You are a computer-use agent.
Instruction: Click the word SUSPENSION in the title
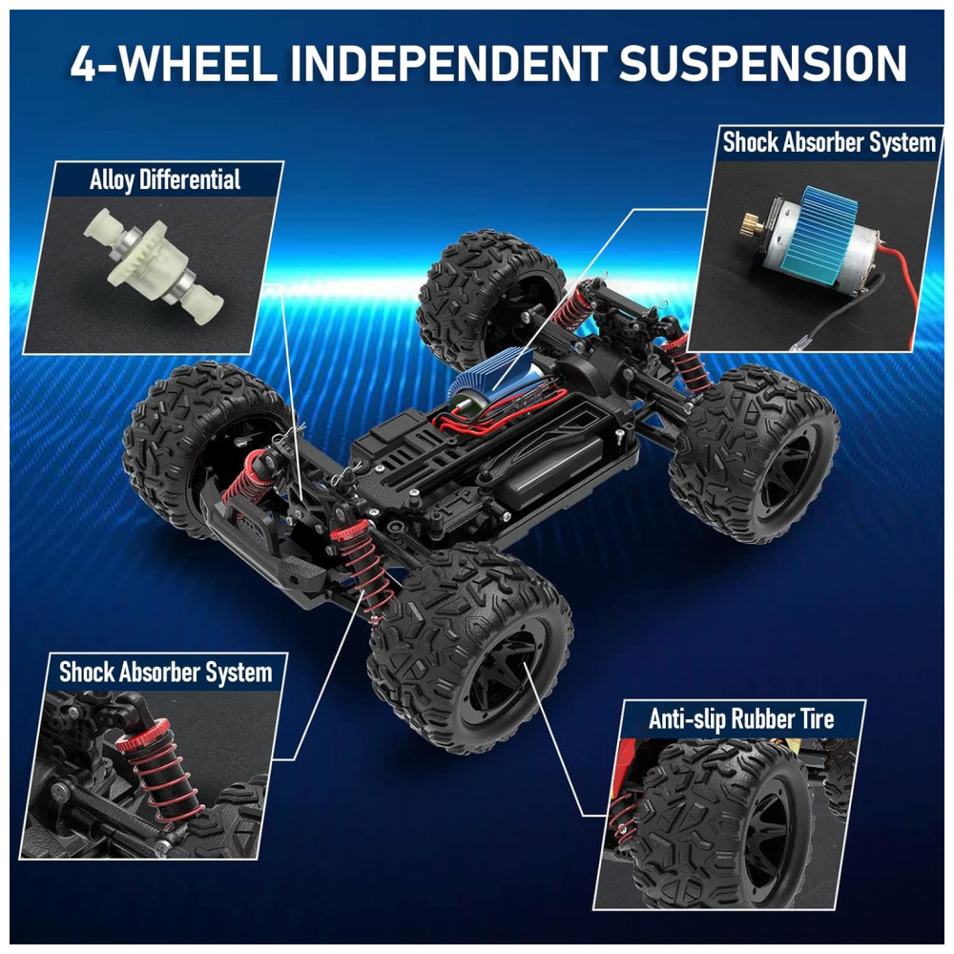[763, 63]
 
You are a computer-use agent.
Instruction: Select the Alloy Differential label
[165, 180]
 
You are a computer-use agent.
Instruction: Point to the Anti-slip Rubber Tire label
[741, 718]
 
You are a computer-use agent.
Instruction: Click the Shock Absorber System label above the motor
[829, 142]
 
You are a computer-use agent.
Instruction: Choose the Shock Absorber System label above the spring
[165, 673]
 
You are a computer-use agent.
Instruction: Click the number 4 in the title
[85, 63]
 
